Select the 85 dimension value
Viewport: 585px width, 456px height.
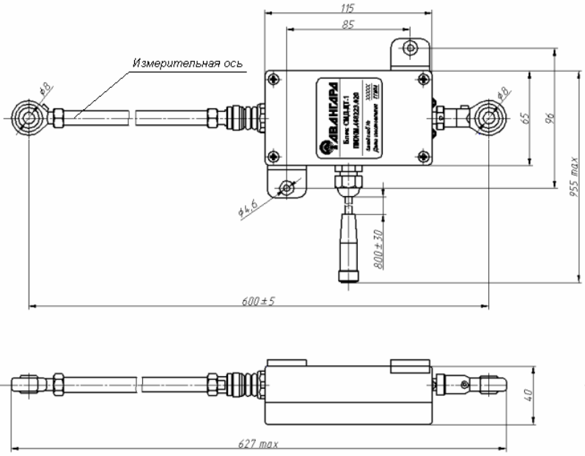(x=349, y=24)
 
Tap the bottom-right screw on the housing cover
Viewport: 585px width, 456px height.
(x=422, y=154)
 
